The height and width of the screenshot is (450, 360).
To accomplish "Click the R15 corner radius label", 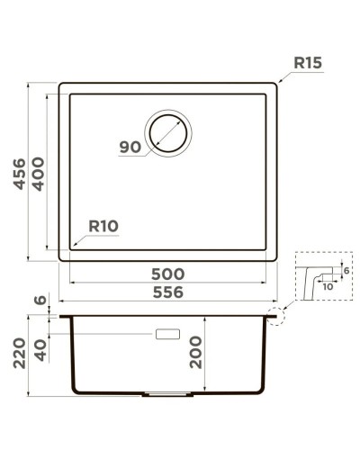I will click(307, 64).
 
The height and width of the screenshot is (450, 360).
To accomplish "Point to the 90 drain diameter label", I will click(131, 147).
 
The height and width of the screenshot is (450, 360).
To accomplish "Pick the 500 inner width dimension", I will click(168, 274).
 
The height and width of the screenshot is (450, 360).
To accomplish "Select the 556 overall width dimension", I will click(168, 292).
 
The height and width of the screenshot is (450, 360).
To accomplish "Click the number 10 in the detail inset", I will click(326, 286).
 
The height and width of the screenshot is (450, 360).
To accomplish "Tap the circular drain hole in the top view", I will click(168, 133).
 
